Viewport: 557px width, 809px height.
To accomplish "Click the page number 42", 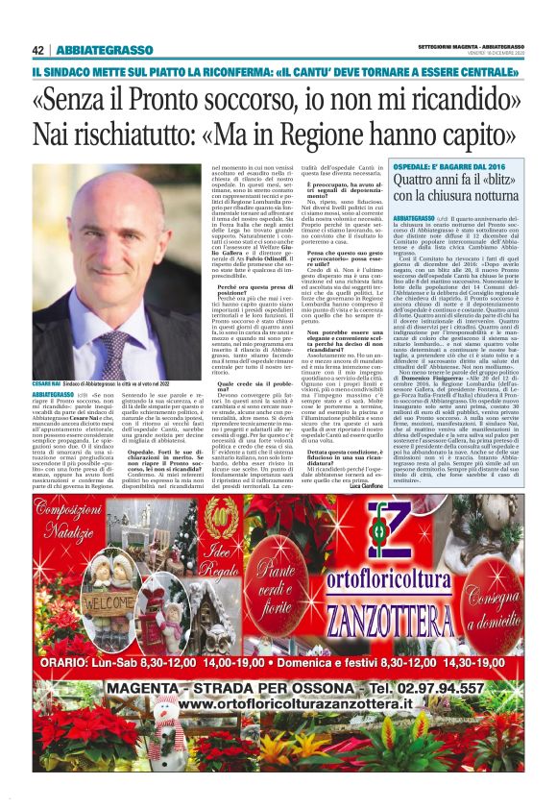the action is point(38,50).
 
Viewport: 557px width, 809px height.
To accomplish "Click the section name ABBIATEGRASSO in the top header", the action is point(105,50).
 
